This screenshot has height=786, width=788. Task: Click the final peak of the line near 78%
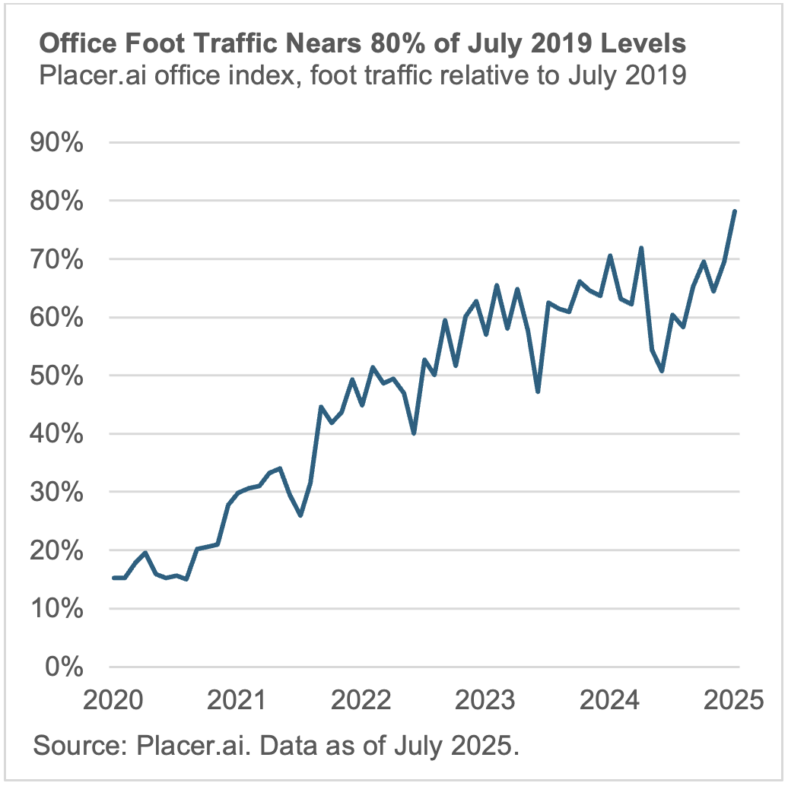[x=735, y=211]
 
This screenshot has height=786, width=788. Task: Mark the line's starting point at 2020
[x=113, y=578]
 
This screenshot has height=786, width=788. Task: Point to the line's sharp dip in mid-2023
[x=538, y=391]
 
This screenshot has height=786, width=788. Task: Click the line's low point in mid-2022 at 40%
[x=414, y=433]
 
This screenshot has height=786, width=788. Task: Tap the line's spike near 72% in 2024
[x=641, y=248]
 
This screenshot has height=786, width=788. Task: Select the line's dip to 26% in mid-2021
[x=300, y=515]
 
